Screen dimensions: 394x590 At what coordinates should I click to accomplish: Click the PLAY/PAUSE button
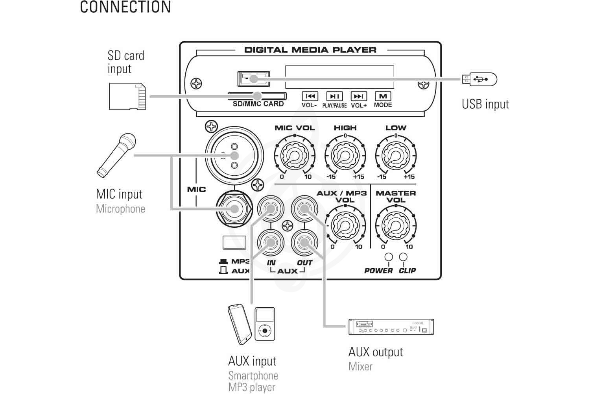point(334,96)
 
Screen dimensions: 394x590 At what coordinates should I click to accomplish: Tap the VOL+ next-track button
point(358,96)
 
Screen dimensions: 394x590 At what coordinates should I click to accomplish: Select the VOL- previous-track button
point(310,96)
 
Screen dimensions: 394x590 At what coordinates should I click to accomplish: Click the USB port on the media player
point(254,79)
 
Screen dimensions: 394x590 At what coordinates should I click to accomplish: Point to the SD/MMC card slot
point(257,96)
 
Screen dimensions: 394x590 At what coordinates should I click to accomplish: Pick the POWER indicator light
point(389,257)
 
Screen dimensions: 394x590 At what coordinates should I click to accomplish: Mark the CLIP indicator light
point(403,257)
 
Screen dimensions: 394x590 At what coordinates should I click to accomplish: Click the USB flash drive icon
point(479,79)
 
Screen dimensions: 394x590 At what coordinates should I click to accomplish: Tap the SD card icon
point(127,97)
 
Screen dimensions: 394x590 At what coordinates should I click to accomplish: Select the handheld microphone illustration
point(117,154)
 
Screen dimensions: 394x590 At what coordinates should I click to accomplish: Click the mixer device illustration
point(391,327)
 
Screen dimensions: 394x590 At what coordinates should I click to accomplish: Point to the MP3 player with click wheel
point(265,324)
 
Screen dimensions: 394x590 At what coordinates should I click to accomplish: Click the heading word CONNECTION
point(125,7)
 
